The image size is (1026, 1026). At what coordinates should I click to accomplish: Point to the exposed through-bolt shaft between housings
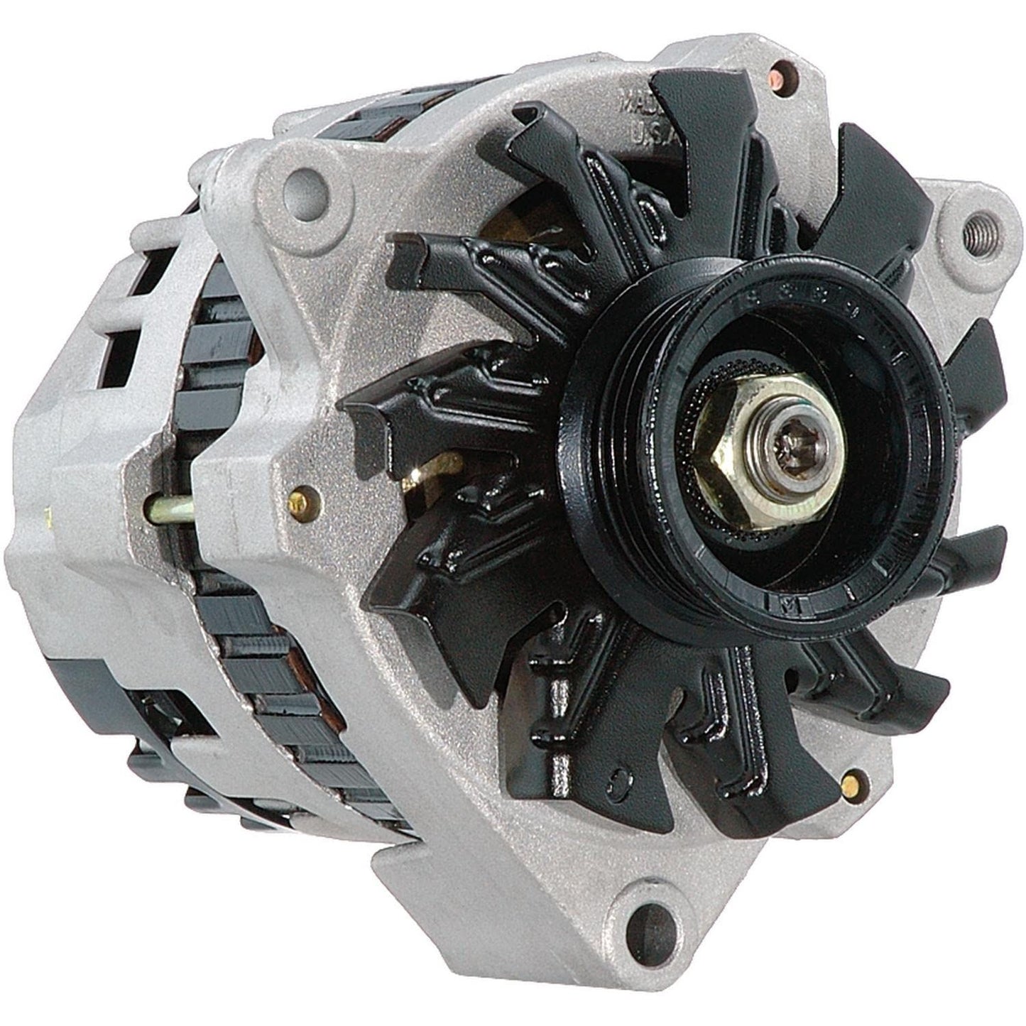point(174,509)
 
